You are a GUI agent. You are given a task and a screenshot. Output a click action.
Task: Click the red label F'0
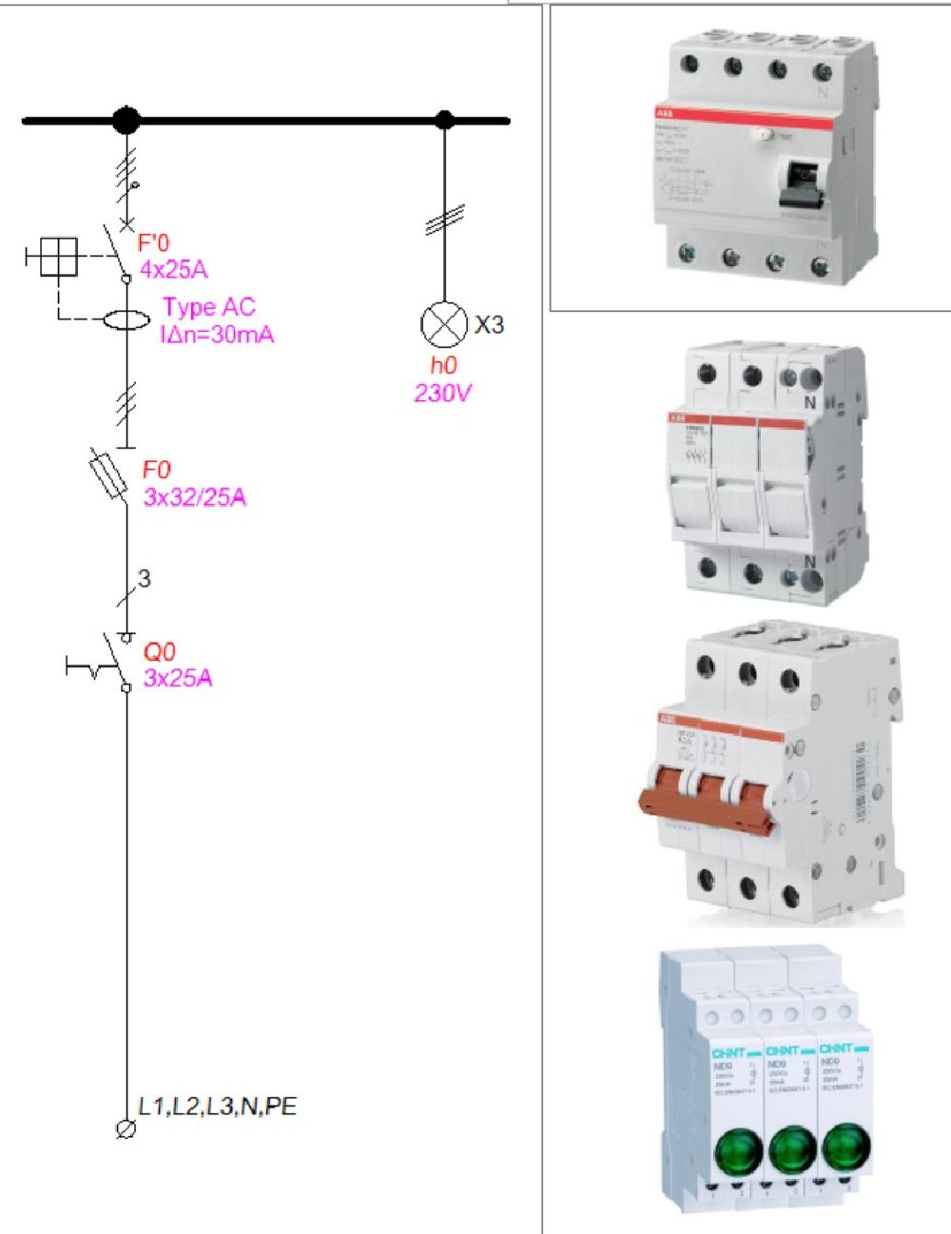click(x=153, y=243)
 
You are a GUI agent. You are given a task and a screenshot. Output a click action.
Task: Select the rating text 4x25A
click(x=173, y=270)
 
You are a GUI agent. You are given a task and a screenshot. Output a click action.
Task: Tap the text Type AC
click(x=208, y=307)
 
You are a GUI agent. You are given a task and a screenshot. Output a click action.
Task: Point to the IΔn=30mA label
click(x=217, y=334)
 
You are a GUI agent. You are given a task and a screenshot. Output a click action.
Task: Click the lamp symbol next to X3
click(x=444, y=325)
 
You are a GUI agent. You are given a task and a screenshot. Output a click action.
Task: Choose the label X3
click(x=489, y=325)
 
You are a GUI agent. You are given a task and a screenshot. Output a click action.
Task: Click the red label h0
click(x=443, y=365)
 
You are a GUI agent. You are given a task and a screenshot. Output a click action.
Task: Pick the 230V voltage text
click(x=443, y=393)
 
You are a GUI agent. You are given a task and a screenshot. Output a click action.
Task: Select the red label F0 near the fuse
click(x=157, y=470)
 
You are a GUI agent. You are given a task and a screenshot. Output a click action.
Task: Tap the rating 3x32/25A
click(x=195, y=497)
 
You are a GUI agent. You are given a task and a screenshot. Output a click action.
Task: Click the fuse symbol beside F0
click(x=107, y=474)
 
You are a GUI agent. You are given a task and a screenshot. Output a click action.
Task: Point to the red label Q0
click(x=159, y=652)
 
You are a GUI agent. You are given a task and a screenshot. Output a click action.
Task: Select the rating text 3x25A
click(x=178, y=679)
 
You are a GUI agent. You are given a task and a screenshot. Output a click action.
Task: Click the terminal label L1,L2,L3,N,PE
click(x=217, y=1107)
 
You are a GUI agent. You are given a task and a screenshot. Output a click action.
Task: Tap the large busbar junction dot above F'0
click(x=126, y=121)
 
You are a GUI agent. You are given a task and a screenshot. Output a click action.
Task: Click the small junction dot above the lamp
click(x=444, y=120)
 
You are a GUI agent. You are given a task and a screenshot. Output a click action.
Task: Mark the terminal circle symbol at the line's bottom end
click(x=125, y=1129)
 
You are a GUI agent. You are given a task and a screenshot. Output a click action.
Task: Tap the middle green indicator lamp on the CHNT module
click(x=791, y=1151)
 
